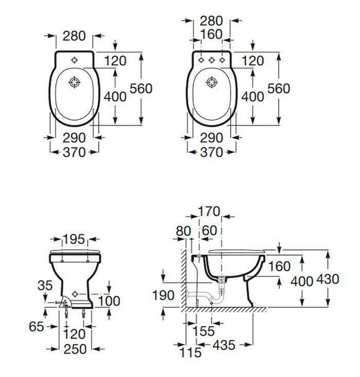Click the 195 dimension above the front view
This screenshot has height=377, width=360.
(x=74, y=239)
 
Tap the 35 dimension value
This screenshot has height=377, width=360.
(x=45, y=286)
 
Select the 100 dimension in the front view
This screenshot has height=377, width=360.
(x=109, y=301)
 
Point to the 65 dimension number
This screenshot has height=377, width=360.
(x=36, y=327)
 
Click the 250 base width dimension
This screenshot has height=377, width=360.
(x=75, y=349)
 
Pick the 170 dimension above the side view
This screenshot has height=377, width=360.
(x=209, y=212)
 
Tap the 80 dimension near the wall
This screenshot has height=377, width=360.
(x=183, y=231)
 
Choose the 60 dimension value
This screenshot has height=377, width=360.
(x=209, y=230)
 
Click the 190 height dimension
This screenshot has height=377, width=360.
(x=163, y=295)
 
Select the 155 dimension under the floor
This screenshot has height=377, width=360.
(x=204, y=331)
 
